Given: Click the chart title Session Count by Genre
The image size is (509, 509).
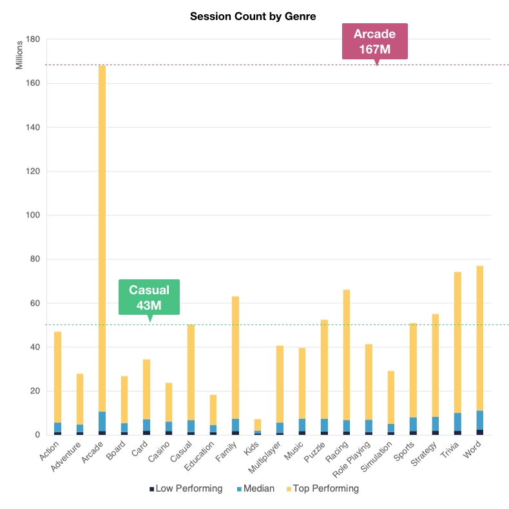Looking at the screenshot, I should point(253,16).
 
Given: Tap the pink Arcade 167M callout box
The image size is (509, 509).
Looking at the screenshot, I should point(374,42).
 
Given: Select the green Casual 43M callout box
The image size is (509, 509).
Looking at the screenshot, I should point(149,297).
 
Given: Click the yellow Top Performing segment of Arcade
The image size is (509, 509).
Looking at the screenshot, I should point(102,239).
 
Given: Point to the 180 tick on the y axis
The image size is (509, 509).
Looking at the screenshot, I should point(32,39).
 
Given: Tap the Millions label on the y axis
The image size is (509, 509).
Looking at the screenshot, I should point(20,55).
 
